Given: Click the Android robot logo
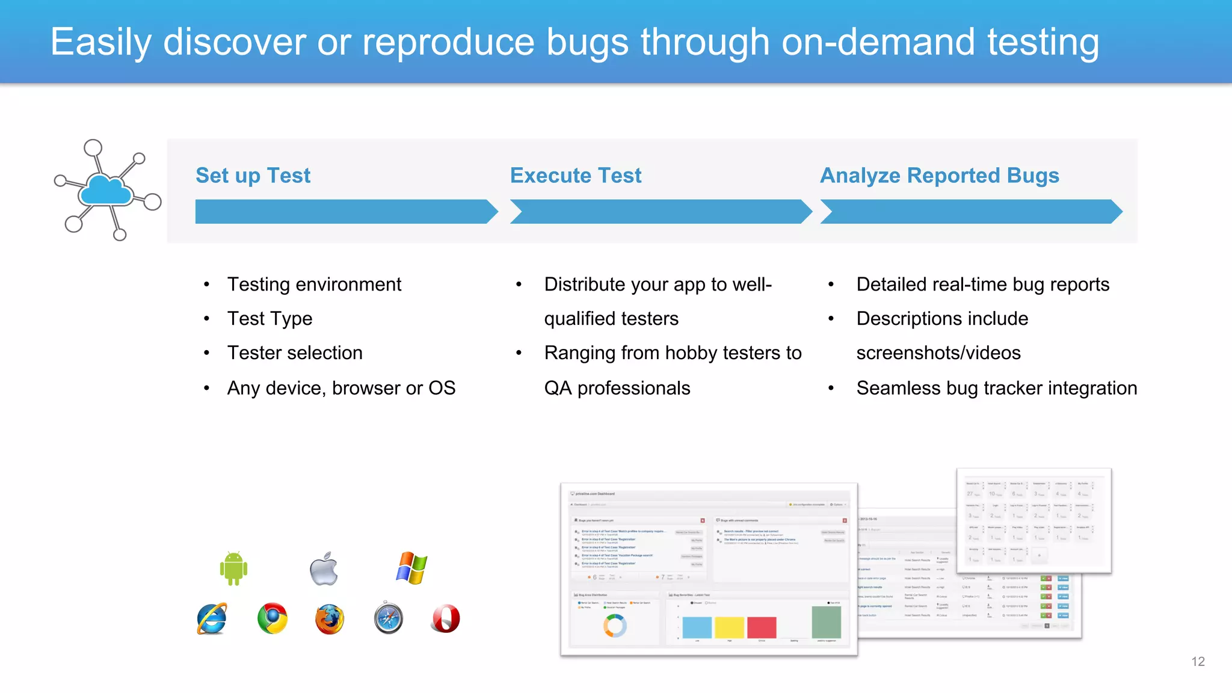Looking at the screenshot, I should click(233, 568).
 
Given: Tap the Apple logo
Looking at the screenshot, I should click(324, 568).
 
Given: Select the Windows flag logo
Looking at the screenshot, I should click(411, 568).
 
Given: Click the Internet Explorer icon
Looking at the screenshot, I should click(212, 618).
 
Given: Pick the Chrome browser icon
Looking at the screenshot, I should click(272, 618).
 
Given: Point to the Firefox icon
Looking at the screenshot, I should click(330, 619).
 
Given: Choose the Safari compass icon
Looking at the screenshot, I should click(388, 618).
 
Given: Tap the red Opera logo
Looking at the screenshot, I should click(446, 618).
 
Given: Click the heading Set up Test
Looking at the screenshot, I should click(253, 176).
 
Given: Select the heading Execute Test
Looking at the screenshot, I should click(576, 176).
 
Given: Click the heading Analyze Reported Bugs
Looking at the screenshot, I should click(939, 176).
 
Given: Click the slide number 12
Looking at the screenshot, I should click(1198, 662).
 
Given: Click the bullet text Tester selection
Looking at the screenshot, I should click(295, 353).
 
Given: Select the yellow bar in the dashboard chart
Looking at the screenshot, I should click(729, 627).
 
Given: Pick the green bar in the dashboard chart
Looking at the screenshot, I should click(826, 622).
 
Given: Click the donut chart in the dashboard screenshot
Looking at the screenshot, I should click(614, 626).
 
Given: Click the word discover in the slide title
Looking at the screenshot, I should click(235, 42).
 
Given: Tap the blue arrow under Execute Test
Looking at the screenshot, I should click(660, 212).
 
